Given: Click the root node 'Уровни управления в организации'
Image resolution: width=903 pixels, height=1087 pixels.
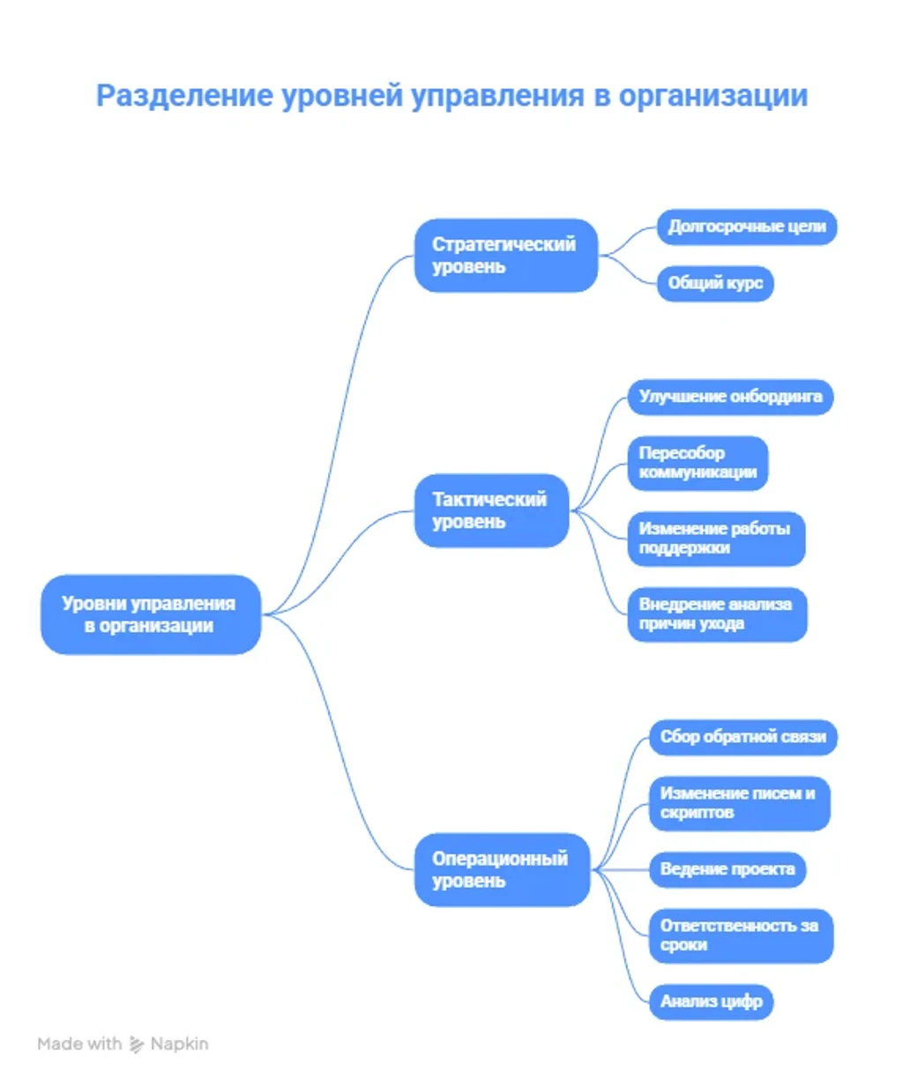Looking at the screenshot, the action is click(151, 614).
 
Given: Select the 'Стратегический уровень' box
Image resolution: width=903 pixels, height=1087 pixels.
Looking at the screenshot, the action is click(506, 255).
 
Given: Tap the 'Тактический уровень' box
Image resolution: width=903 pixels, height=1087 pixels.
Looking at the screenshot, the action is click(491, 510).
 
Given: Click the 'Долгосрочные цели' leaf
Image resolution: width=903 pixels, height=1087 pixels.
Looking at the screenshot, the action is click(747, 227).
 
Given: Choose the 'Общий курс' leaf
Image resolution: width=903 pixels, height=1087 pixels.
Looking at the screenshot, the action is click(715, 284).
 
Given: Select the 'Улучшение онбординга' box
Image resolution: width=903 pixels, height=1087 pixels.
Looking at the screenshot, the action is click(730, 398).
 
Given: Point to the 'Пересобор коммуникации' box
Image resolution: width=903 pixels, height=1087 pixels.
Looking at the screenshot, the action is click(698, 464).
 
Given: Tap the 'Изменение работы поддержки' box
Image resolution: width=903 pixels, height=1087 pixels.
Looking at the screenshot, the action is click(717, 539).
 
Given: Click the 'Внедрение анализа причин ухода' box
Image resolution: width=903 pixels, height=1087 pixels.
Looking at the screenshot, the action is click(718, 614).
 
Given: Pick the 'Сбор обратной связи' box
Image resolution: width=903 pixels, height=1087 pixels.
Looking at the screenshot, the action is click(743, 738).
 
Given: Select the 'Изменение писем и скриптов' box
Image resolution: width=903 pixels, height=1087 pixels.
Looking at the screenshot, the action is click(740, 804).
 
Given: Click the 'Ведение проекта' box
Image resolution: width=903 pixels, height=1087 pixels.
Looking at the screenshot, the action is click(728, 870).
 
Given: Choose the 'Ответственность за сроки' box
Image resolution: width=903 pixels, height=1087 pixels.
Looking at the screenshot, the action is click(741, 936).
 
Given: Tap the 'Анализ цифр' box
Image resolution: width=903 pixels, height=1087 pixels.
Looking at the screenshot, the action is click(712, 1002).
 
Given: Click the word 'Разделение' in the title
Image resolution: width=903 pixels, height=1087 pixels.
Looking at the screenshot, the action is click(185, 97).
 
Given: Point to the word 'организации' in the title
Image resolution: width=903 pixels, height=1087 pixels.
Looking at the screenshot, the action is click(713, 97).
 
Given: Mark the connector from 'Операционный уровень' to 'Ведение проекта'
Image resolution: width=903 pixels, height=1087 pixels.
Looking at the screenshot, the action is click(620, 870).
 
